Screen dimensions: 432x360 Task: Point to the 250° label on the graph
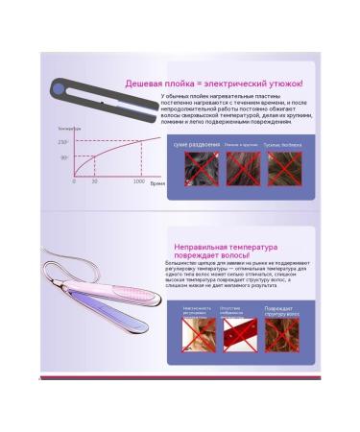coord(63,141)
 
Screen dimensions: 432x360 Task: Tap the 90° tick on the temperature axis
coord(64,156)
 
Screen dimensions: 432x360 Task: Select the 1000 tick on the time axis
coord(138,180)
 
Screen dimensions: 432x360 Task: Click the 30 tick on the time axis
coord(94,180)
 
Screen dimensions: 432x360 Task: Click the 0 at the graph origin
coord(74,180)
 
